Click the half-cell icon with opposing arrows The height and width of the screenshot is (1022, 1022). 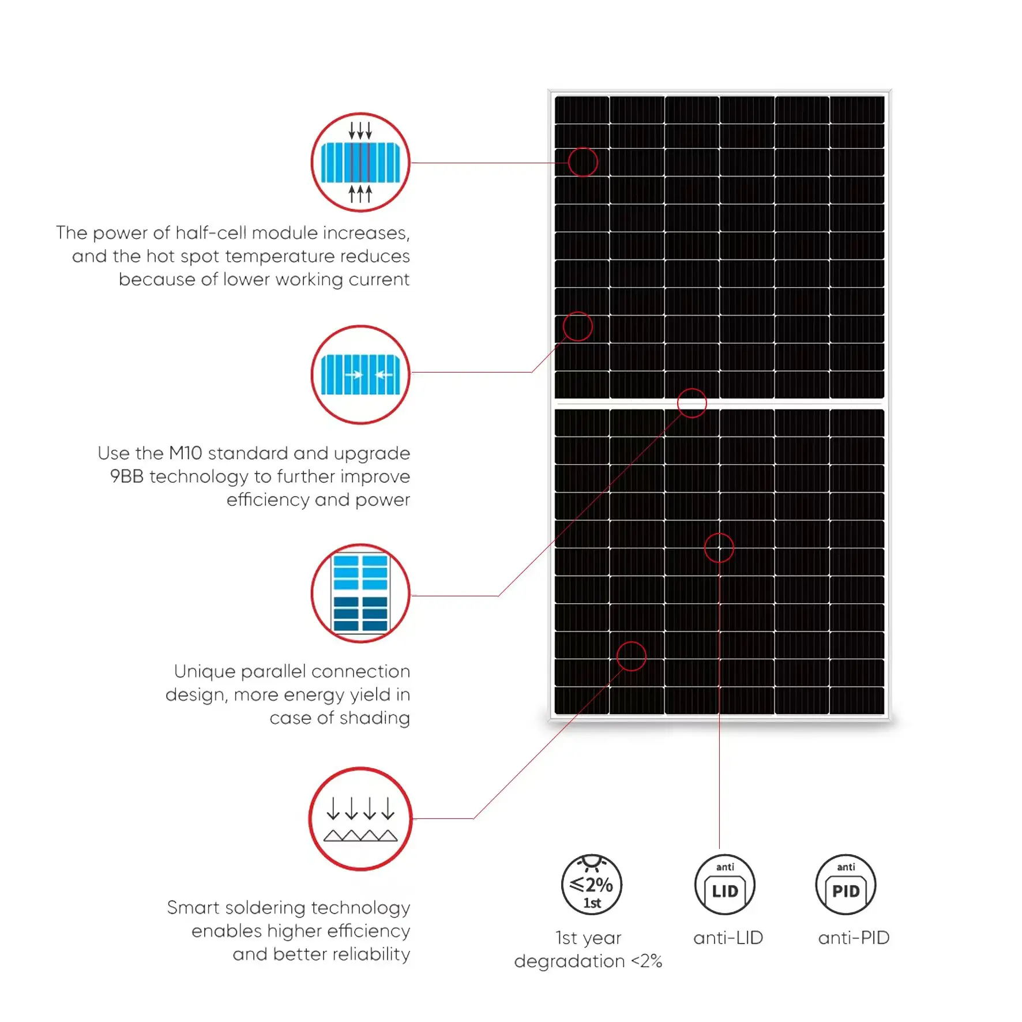[360, 163]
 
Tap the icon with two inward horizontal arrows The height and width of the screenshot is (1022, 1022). [360, 375]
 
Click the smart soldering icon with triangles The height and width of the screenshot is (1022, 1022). [360, 818]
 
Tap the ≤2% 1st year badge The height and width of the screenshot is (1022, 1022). [591, 885]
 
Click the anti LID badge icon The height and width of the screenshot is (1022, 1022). [725, 885]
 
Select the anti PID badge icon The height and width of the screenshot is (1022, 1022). [846, 885]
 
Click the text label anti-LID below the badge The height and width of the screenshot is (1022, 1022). [728, 938]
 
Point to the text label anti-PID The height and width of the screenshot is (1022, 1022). [854, 938]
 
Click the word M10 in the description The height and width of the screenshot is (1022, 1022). [185, 453]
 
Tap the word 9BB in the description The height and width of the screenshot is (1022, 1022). [126, 476]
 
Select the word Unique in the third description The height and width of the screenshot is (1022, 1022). [204, 671]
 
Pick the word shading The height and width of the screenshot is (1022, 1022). [374, 718]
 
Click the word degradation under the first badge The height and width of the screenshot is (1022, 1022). [569, 961]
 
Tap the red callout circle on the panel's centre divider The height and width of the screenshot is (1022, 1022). [692, 403]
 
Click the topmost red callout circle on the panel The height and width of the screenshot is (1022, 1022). [583, 162]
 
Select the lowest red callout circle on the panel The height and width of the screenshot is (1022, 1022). [631, 656]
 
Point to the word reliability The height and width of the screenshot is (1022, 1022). [371, 954]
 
